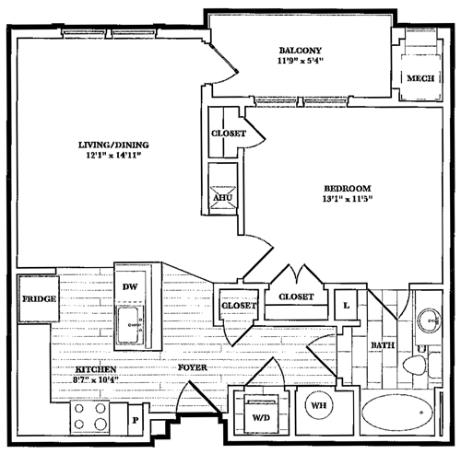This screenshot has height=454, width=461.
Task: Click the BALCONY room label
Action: coord(301,51)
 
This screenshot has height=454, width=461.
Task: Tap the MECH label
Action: coord(420,78)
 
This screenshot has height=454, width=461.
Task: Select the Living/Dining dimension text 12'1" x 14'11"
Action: coord(113,156)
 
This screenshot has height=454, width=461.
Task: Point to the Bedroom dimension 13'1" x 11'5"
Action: coord(348,199)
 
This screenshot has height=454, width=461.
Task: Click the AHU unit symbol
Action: coord(223,197)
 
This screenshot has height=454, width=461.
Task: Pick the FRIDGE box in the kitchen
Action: coord(39,298)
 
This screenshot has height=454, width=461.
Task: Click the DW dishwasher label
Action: coord(130,286)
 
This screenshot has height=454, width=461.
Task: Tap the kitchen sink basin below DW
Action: coord(129,325)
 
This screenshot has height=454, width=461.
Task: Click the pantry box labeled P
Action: coord(136,420)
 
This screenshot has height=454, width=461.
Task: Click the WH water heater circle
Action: coord(319,405)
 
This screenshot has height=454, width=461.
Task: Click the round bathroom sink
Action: coord(429,320)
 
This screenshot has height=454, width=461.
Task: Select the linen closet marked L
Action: coord(347,305)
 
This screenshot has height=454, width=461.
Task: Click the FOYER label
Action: coord(193,367)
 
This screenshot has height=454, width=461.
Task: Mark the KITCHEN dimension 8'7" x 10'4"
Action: coord(96,379)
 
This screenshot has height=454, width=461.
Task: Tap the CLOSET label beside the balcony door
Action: coord(229,134)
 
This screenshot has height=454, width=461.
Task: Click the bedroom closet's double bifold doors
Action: coord(297,275)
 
